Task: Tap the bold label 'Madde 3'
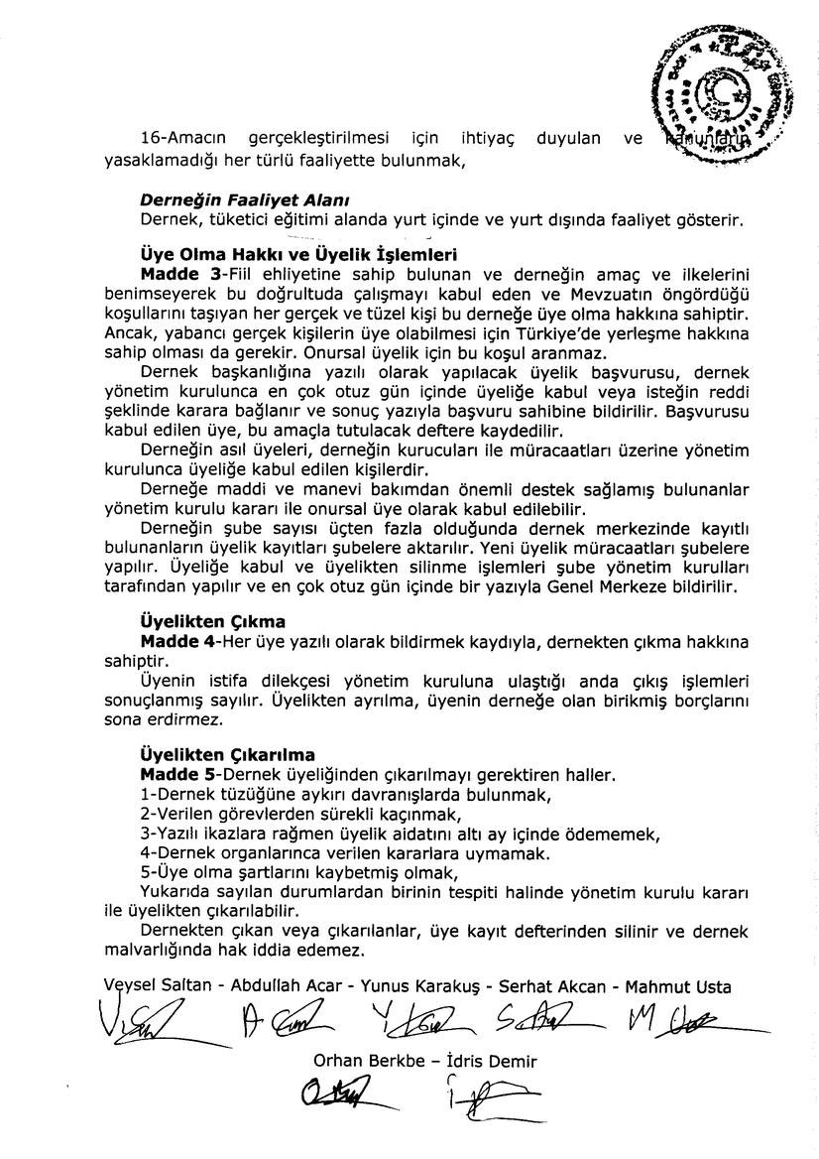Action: pos(179,272)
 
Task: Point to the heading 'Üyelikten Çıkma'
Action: pos(212,622)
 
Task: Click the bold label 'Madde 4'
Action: pos(179,641)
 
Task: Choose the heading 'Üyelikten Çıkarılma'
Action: pos(227,754)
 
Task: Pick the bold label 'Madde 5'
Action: pos(179,773)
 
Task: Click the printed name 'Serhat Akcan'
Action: pos(546,986)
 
